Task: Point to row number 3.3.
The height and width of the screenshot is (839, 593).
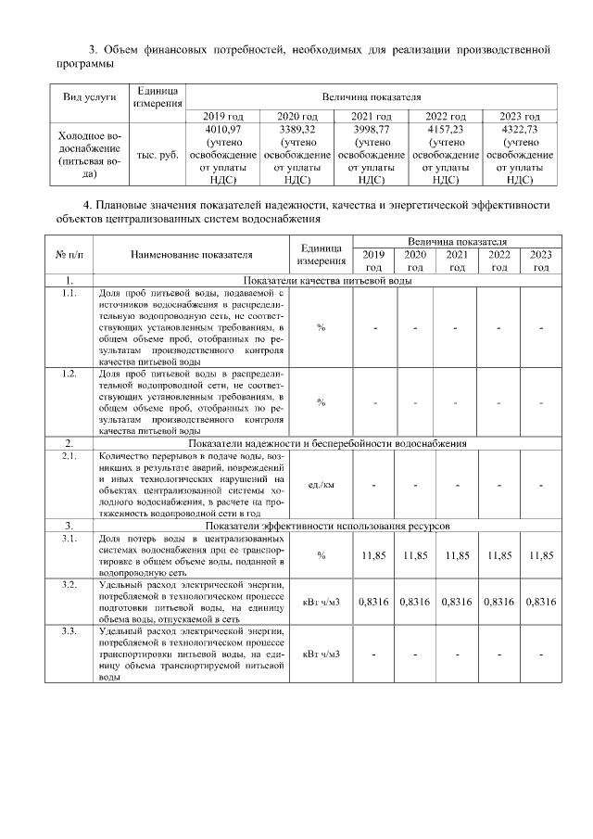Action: pyautogui.click(x=69, y=631)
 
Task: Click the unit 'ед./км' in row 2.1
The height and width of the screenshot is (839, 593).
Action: pyautogui.click(x=322, y=485)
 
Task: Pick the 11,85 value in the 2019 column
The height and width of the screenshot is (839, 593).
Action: pyautogui.click(x=373, y=555)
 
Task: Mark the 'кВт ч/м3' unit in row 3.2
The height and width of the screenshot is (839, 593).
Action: pyautogui.click(x=322, y=602)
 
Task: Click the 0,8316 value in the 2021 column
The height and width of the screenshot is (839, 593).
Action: pyautogui.click(x=457, y=602)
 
